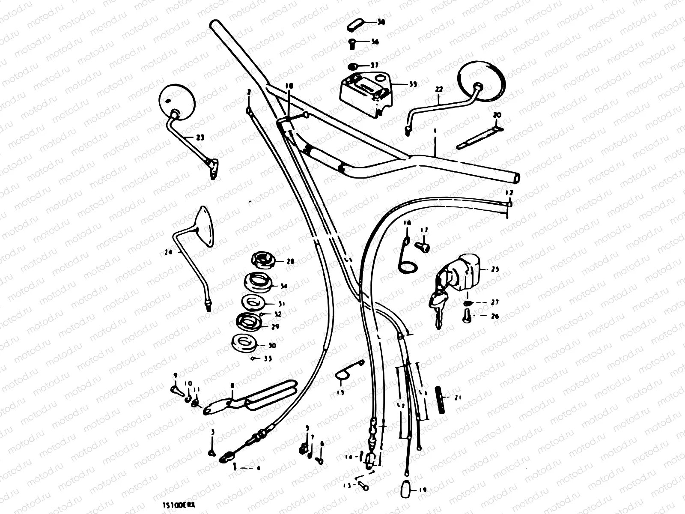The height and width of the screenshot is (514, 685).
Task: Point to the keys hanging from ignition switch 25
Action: [438, 304]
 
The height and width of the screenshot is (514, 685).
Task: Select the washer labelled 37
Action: [353, 66]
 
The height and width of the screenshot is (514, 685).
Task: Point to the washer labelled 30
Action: [242, 343]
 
